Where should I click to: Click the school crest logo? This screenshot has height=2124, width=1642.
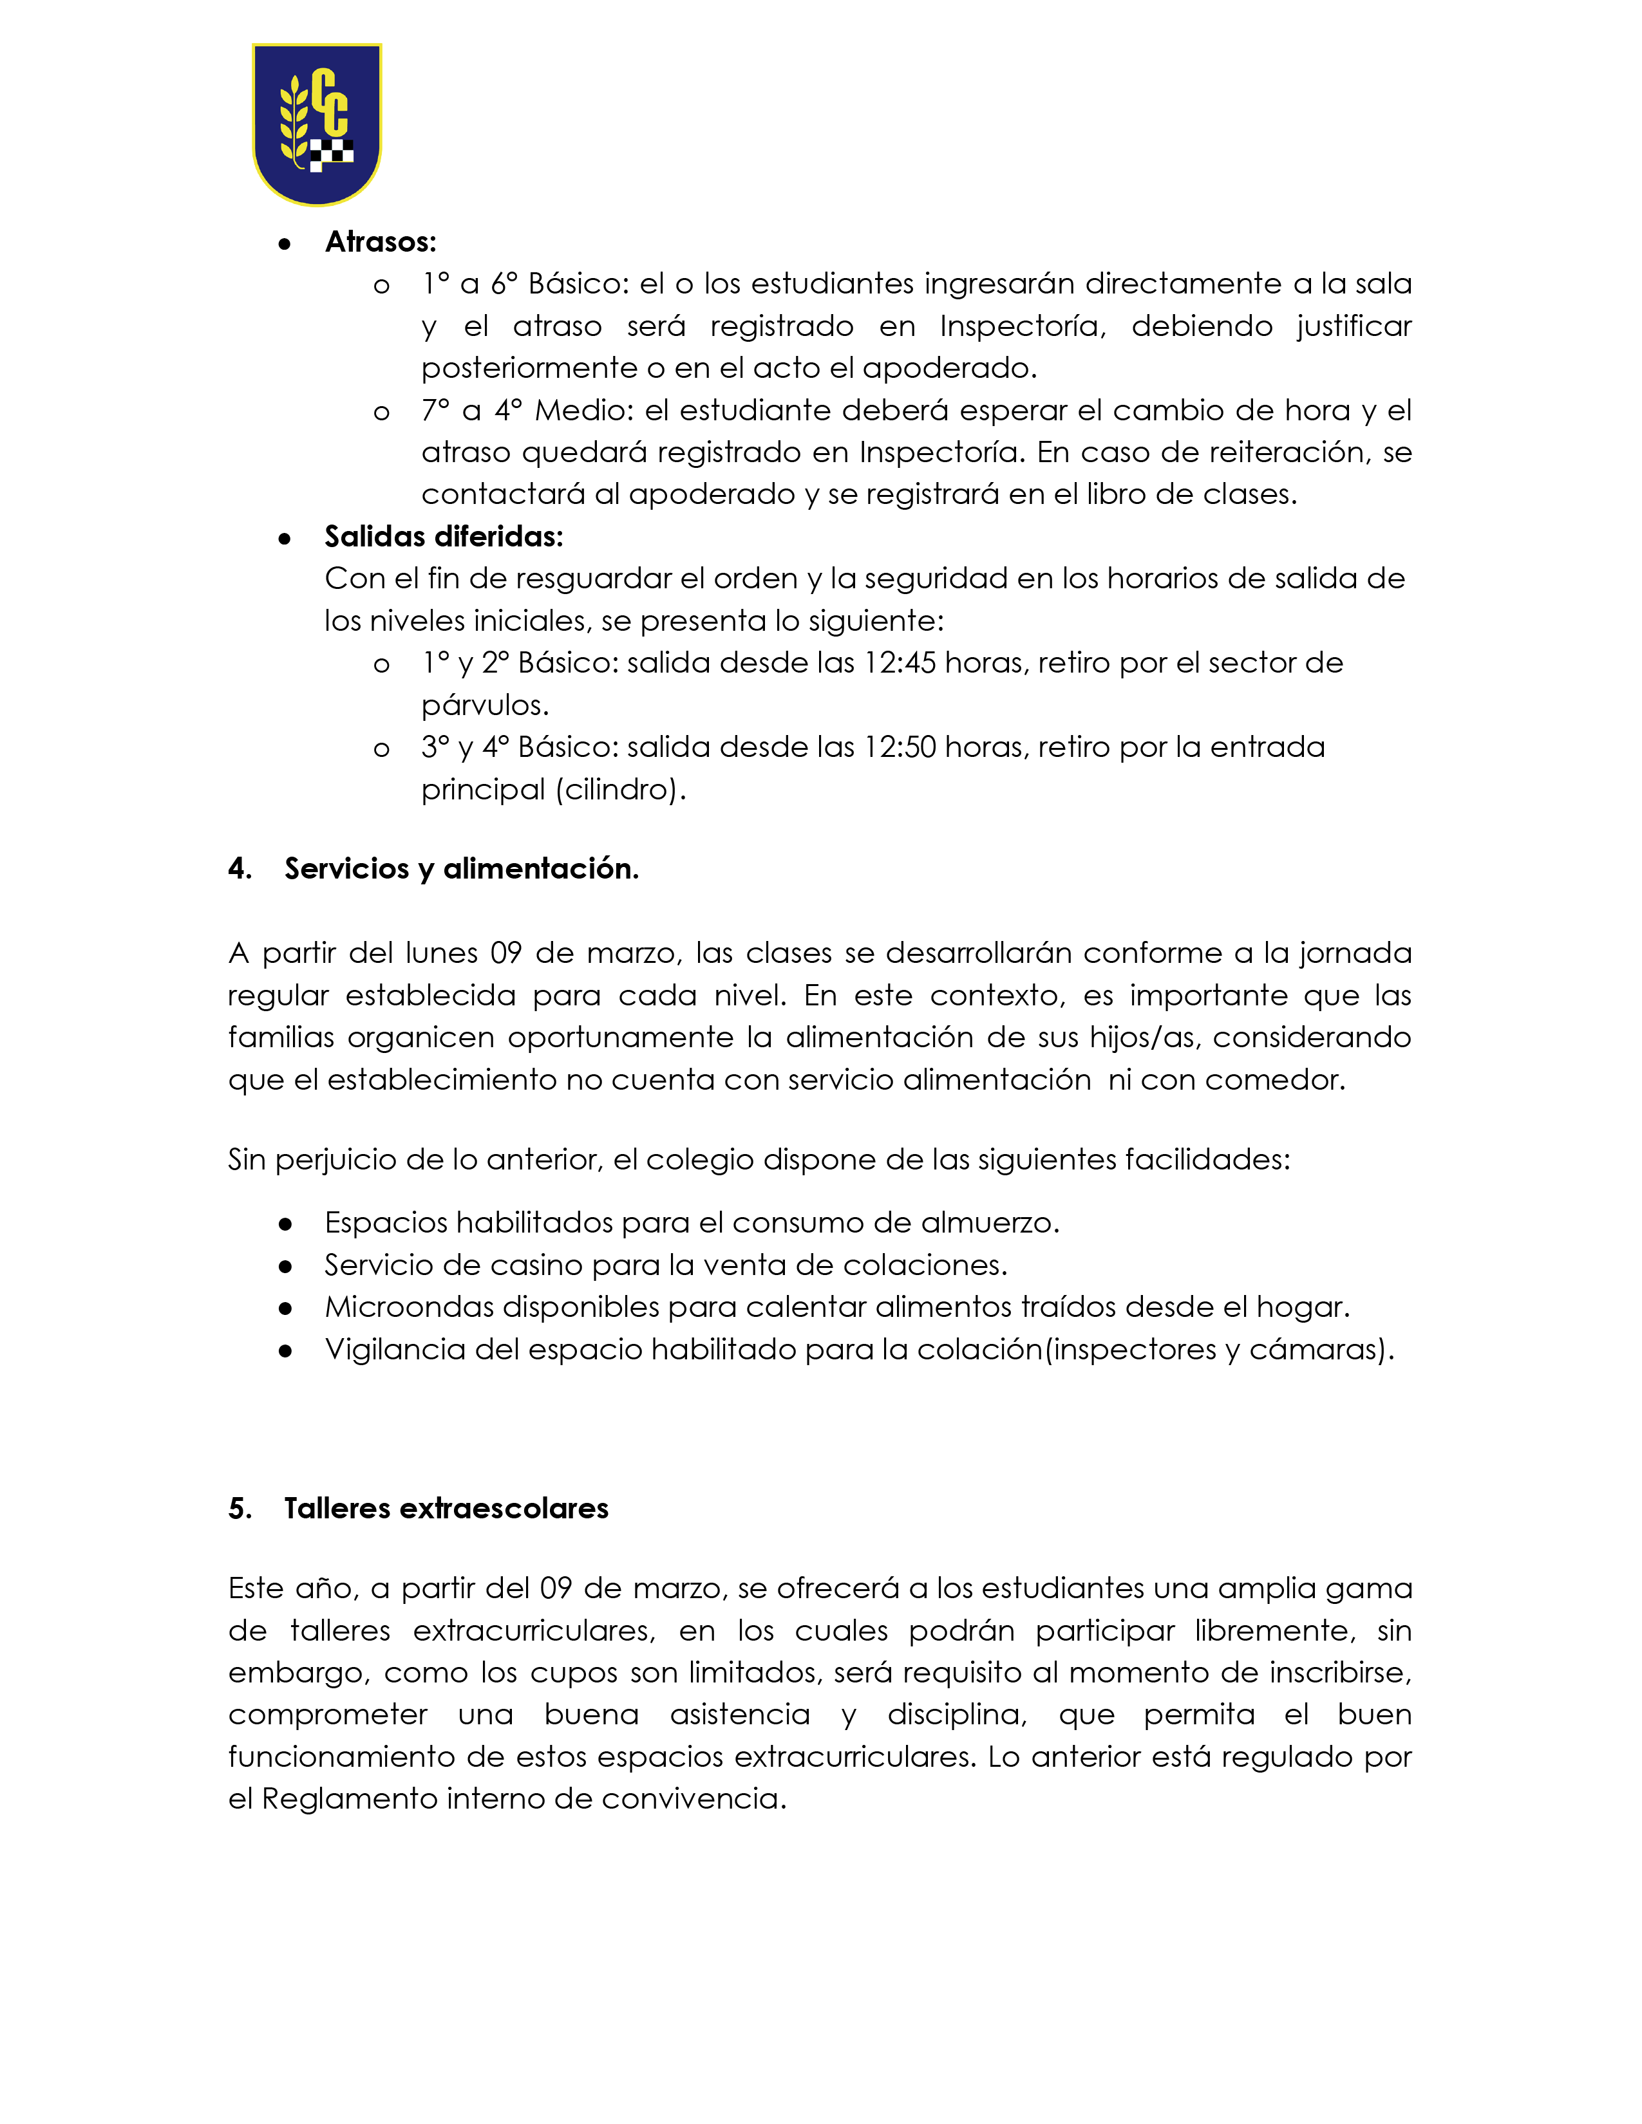tap(316, 124)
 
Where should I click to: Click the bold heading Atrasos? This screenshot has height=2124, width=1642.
tap(381, 241)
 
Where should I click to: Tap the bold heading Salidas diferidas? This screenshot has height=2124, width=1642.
tap(444, 536)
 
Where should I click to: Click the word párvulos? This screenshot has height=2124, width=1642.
tap(484, 705)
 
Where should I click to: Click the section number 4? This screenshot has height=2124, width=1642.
tap(240, 868)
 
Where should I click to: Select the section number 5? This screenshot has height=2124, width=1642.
tap(240, 1509)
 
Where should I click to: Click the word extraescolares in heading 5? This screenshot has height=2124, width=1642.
tap(504, 1509)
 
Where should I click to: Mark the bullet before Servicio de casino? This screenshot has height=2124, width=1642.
tap(285, 1266)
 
